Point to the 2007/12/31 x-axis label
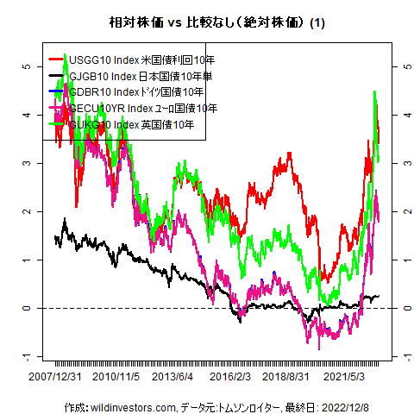pos(56,377)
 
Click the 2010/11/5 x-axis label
pos(116,377)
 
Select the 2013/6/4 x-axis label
pos(173,377)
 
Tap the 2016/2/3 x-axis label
pos(231,377)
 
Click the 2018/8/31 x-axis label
pos(286,377)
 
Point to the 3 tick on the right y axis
pos(404,162)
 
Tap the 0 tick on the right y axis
pos(404,308)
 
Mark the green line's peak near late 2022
pos(375,92)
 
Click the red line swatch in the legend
pos(57,60)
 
